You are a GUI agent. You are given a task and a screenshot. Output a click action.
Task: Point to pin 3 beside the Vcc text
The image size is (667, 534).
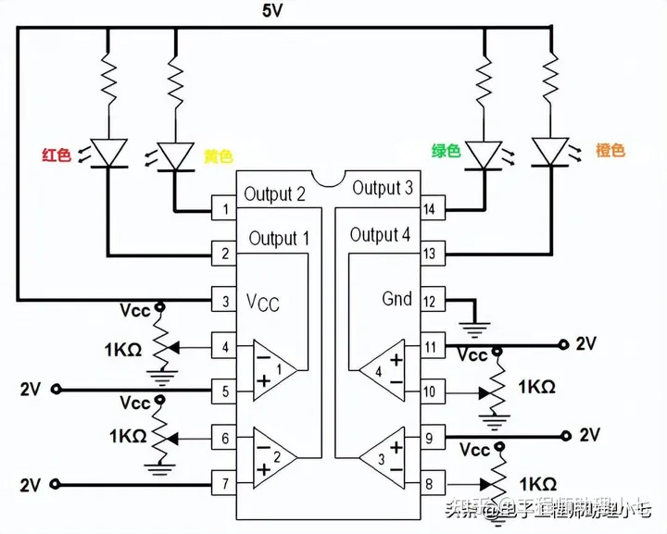(x=224, y=300)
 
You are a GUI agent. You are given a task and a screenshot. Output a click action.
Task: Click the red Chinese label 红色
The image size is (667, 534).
(x=57, y=155)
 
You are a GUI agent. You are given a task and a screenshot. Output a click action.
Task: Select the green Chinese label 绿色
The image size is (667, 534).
(x=446, y=151)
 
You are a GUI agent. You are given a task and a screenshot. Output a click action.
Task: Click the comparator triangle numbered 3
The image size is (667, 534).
(x=382, y=457)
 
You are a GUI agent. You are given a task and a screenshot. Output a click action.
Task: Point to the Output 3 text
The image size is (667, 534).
(x=383, y=189)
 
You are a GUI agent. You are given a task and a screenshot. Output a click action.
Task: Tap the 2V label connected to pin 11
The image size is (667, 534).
(x=586, y=344)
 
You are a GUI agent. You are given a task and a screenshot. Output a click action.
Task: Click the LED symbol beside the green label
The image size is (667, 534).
(x=484, y=154)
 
